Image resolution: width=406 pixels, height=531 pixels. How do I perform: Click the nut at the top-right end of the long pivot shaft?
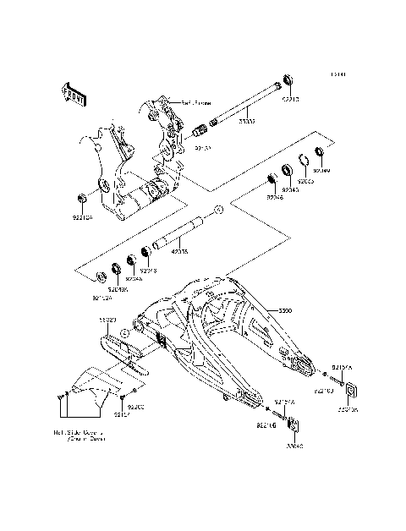pyautogui.click(x=288, y=79)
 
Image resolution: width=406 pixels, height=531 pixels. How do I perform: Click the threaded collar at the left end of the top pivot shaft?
pyautogui.click(x=200, y=132)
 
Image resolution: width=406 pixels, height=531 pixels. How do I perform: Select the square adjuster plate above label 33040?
pyautogui.click(x=293, y=424)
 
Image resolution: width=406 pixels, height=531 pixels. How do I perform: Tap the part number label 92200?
pyautogui.click(x=136, y=407)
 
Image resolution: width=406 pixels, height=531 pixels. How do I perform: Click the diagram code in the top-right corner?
pyautogui.click(x=337, y=74)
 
